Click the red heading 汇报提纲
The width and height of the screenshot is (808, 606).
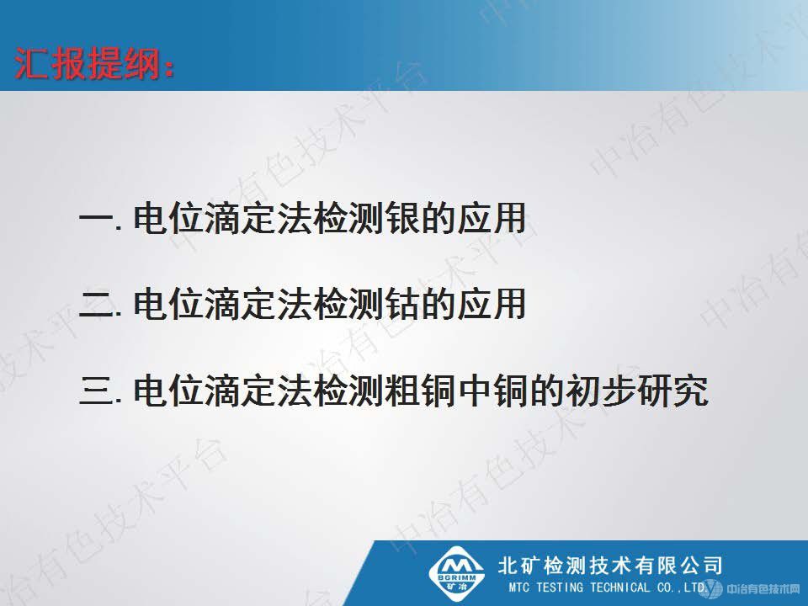click(x=96, y=64)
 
